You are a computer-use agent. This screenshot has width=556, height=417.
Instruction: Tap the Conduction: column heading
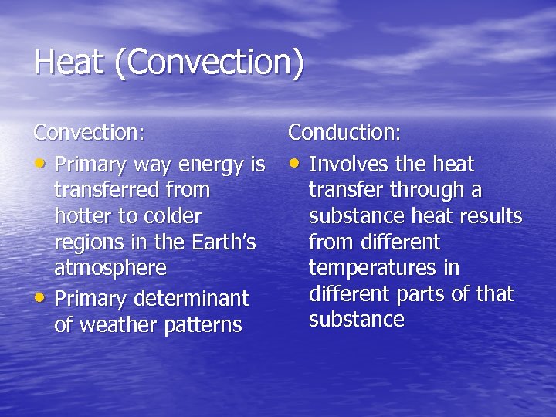344,133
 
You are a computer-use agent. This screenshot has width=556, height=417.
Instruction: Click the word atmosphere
110,269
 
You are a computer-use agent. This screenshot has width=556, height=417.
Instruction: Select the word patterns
204,325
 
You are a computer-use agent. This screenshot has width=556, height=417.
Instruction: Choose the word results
493,216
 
